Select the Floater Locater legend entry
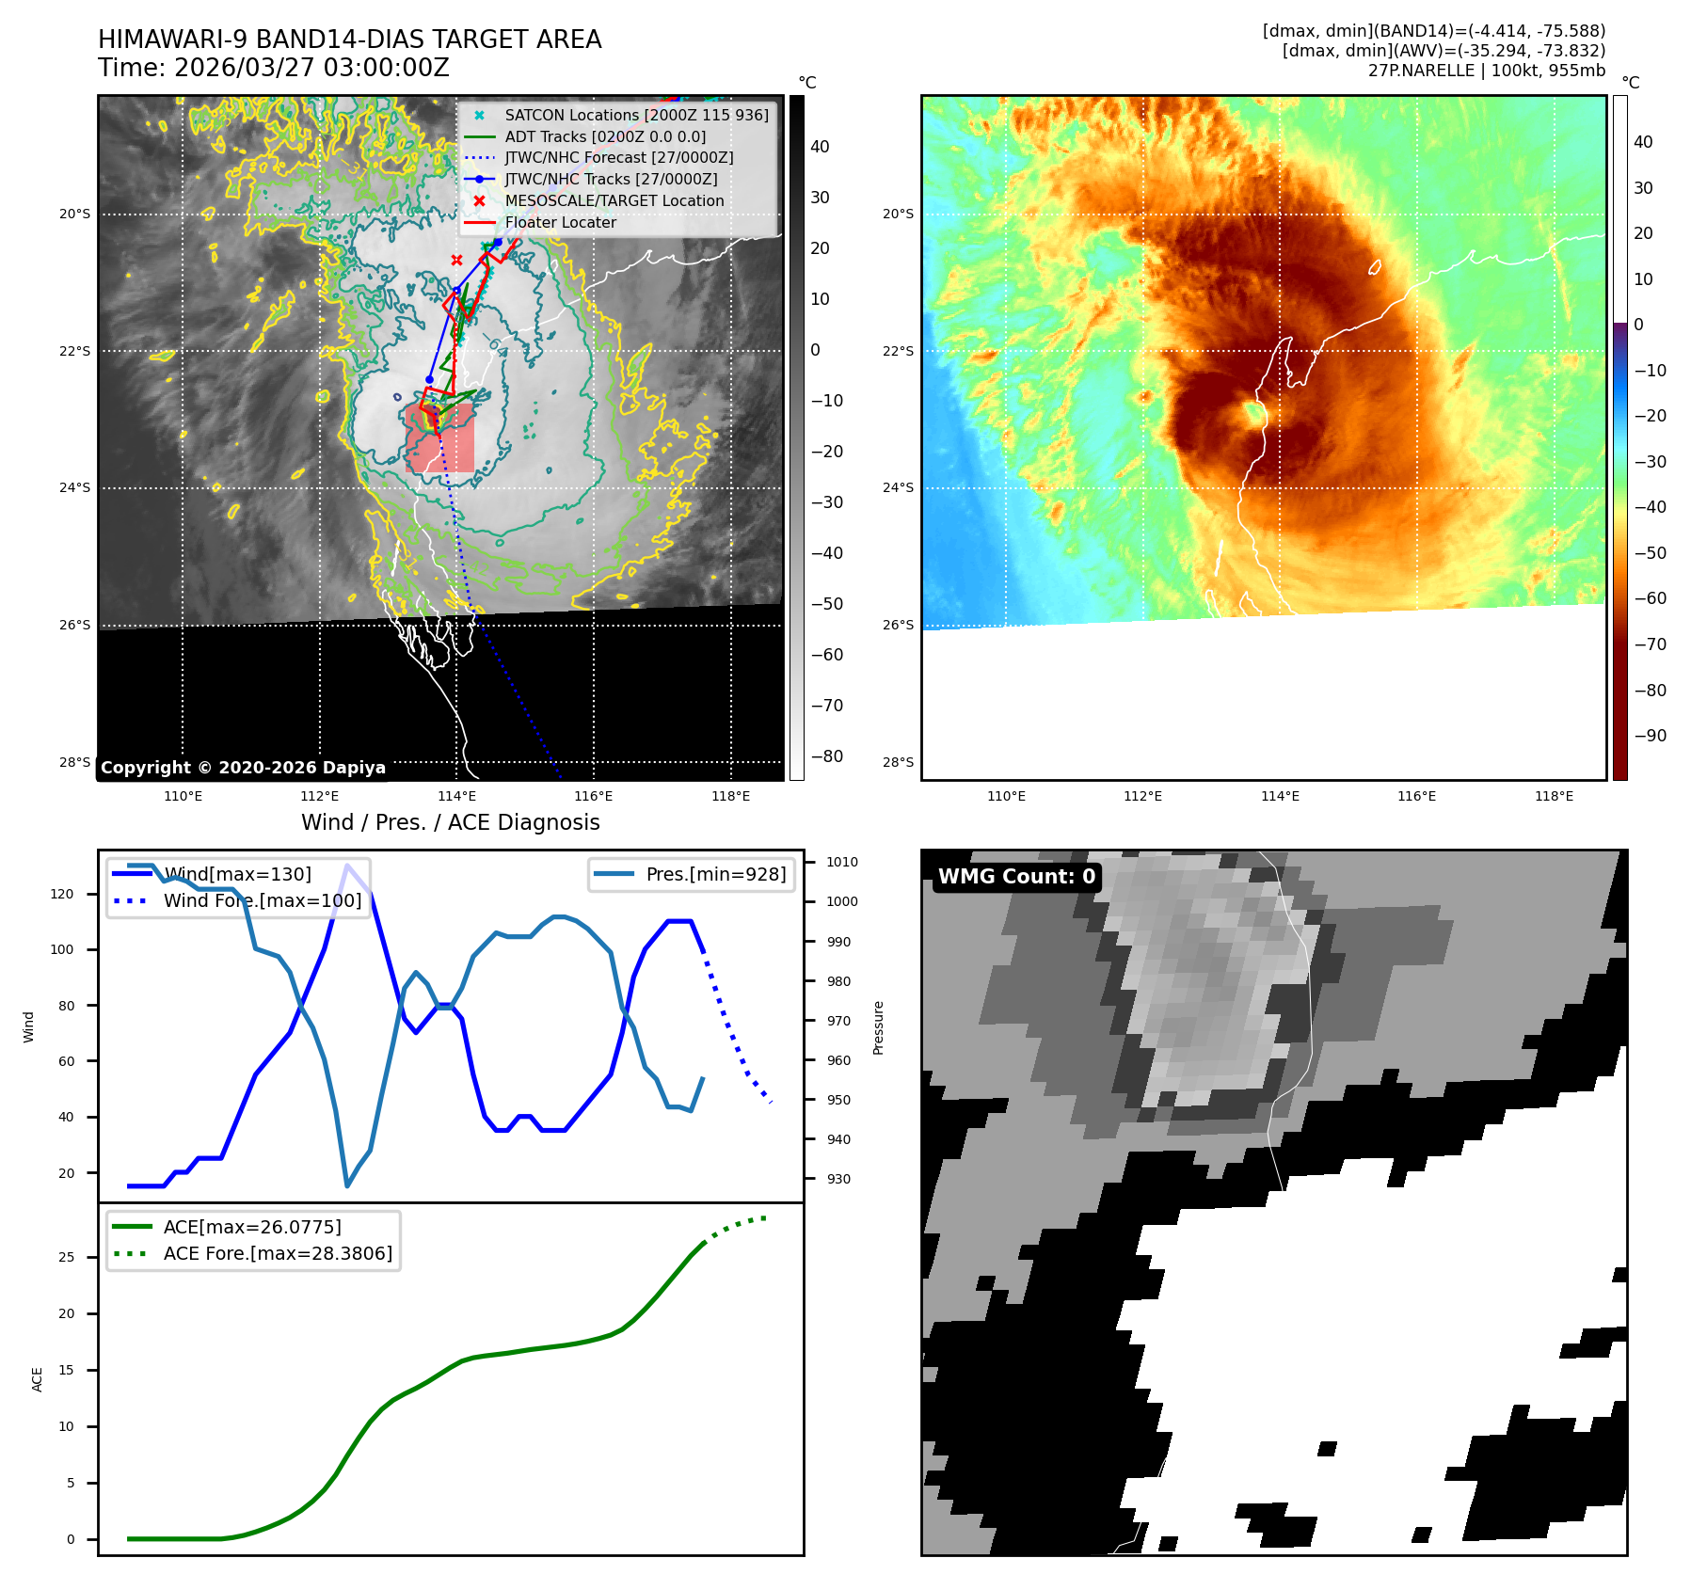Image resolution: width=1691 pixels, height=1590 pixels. click(x=560, y=222)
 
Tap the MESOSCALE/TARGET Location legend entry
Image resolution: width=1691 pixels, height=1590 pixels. click(x=614, y=200)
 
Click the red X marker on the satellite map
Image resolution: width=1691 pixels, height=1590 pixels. click(x=456, y=260)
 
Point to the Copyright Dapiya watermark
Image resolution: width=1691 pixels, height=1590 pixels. click(x=243, y=768)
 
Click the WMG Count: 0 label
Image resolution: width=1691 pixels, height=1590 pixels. click(x=1016, y=877)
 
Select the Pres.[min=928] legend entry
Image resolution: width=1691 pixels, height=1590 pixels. click(x=715, y=874)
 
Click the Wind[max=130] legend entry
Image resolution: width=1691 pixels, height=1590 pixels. click(x=236, y=874)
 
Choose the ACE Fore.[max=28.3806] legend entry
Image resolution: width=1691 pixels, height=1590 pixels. click(x=278, y=1253)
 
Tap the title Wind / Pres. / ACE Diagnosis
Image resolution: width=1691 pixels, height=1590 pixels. click(x=450, y=822)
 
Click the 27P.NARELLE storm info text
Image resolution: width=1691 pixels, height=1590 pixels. click(x=1486, y=71)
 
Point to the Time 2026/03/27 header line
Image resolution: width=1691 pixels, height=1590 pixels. click(x=273, y=68)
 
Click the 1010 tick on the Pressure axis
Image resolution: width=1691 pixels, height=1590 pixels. click(x=841, y=862)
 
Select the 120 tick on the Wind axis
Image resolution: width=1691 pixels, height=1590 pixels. click(x=61, y=894)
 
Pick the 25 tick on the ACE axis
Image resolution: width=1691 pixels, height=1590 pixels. click(x=66, y=1257)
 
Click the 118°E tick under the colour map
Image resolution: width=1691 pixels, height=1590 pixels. click(x=1554, y=796)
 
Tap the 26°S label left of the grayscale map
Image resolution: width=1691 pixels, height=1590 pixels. click(x=75, y=625)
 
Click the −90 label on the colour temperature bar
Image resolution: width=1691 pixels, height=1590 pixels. click(x=1650, y=736)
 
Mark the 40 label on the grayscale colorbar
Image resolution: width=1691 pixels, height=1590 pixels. click(x=820, y=147)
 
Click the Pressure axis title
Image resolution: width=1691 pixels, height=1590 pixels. click(x=878, y=1027)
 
